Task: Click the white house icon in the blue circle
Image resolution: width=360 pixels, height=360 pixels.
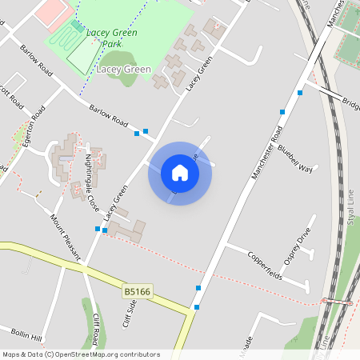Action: tap(179, 173)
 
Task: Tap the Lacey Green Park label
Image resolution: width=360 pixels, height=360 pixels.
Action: tap(113, 38)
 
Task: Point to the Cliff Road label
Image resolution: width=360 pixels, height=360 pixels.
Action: tap(96, 328)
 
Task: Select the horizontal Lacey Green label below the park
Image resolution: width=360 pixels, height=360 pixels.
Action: tap(123, 70)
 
